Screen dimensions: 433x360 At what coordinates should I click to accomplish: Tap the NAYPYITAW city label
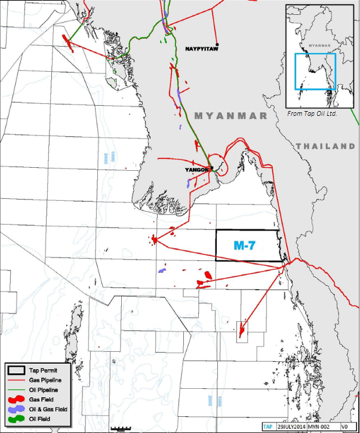[x=201, y=48]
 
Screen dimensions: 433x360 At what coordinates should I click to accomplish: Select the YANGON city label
[x=196, y=170]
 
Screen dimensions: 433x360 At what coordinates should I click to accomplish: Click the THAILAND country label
[x=325, y=146]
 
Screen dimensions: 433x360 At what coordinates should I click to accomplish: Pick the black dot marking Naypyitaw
[x=217, y=44]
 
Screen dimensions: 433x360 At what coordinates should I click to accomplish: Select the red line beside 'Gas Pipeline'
[x=19, y=380]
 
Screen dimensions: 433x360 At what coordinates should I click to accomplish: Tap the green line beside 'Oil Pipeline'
[x=19, y=389]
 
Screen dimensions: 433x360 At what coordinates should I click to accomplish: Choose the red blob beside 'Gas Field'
[x=19, y=400]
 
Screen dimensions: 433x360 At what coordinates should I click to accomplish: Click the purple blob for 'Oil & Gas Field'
[x=19, y=409]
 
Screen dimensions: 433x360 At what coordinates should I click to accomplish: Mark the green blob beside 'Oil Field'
[x=19, y=419]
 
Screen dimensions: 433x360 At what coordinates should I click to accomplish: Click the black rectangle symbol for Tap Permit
[x=19, y=370]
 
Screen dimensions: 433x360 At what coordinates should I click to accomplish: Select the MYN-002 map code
[x=320, y=427]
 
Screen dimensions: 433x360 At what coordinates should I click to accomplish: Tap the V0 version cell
[x=344, y=427]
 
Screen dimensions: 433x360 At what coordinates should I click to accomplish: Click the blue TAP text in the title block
[x=268, y=427]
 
